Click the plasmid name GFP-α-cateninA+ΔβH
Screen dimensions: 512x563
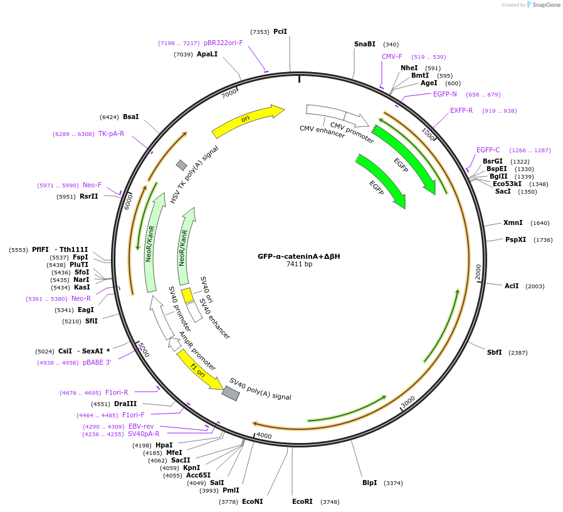click(298, 256)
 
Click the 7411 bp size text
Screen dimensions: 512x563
click(299, 264)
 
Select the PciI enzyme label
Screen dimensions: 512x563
click(280, 31)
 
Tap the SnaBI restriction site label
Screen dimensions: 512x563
click(365, 44)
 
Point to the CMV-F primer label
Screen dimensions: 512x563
click(392, 56)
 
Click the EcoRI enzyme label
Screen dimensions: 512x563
click(302, 501)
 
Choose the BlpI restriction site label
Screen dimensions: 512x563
click(370, 483)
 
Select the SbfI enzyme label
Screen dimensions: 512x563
click(495, 352)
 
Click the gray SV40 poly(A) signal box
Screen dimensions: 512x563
click(231, 393)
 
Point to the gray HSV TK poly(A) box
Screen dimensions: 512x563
click(181, 165)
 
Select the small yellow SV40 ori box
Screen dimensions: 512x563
click(187, 295)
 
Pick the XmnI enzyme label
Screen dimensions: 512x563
click(512, 222)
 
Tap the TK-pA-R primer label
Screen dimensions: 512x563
click(111, 133)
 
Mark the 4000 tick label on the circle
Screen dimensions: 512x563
click(263, 436)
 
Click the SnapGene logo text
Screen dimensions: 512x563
click(545, 5)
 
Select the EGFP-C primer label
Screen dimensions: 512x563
click(488, 150)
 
